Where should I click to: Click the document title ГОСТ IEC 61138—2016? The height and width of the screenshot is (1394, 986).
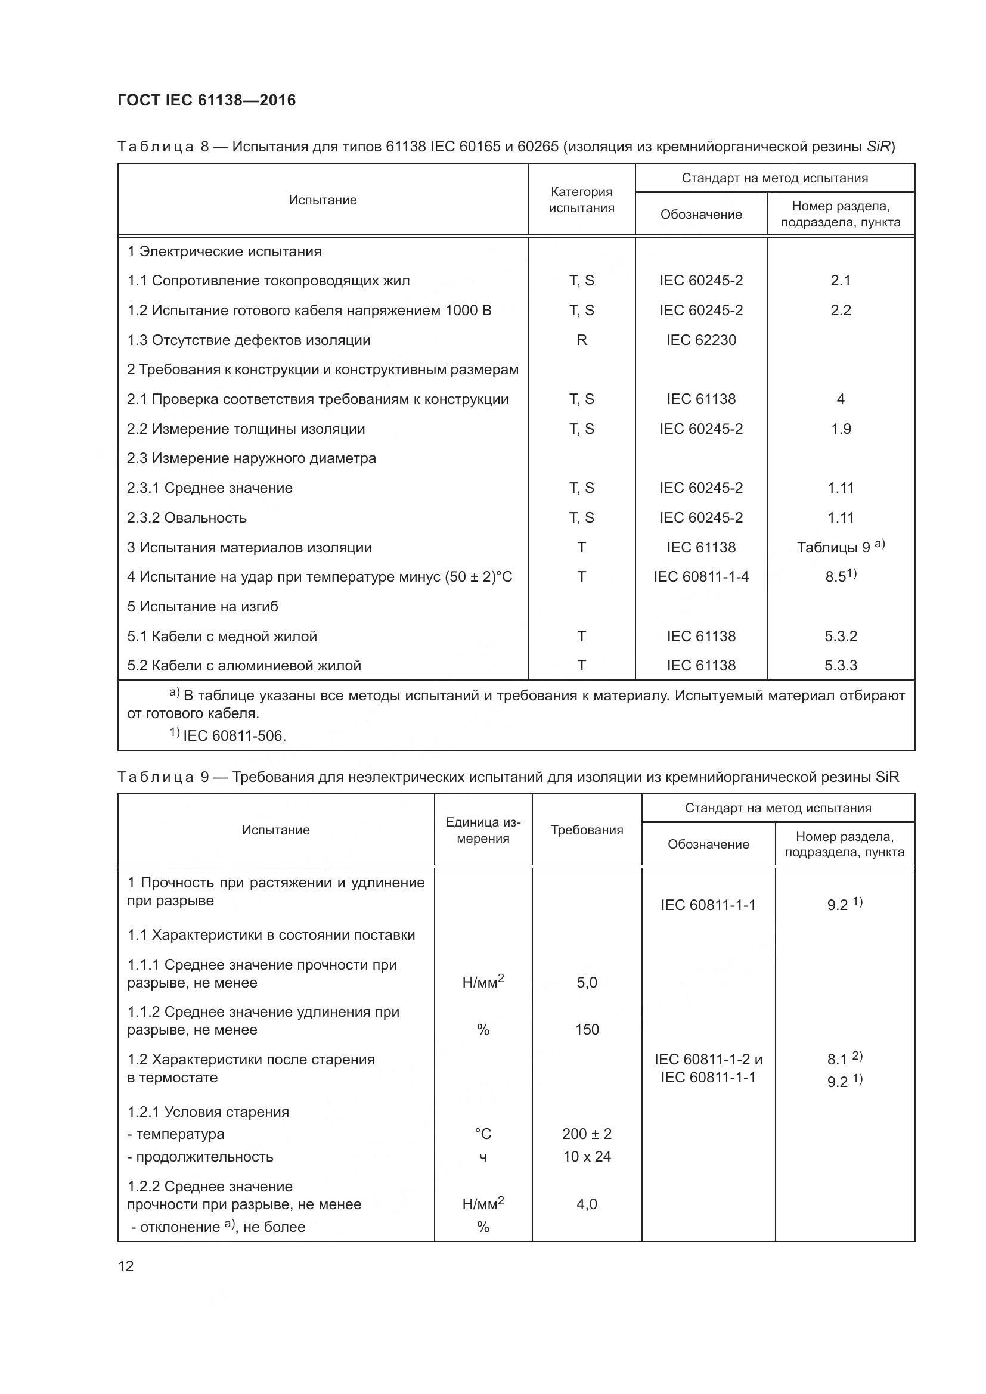pos(206,100)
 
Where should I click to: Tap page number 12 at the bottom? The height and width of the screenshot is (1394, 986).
pos(126,1266)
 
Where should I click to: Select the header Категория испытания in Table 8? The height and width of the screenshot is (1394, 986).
pos(581,200)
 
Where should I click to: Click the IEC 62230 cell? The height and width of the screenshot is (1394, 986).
pos(700,340)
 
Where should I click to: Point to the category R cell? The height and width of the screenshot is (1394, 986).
pos(581,340)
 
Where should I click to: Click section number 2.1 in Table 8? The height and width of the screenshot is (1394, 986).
pos(841,281)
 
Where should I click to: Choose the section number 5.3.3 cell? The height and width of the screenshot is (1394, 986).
pos(841,666)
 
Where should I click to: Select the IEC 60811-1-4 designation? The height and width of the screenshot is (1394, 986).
pos(700,577)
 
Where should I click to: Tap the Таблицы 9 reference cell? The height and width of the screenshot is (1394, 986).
pos(841,547)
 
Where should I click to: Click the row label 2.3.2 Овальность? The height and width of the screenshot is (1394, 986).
pos(187,518)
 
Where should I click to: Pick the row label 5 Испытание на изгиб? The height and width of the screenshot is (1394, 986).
pos(202,607)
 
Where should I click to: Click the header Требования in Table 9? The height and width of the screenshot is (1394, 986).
pos(587,830)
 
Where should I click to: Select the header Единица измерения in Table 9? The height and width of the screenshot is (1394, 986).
pos(483,830)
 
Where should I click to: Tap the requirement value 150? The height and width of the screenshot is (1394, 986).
pos(587,1030)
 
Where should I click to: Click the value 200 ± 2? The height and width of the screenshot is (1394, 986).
pos(587,1134)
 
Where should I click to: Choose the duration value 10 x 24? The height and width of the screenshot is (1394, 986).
pos(587,1157)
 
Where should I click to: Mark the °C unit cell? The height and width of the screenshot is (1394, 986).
pos(483,1134)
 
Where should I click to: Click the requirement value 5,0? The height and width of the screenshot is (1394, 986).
pos(587,982)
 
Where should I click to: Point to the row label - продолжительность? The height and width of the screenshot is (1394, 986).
pos(200,1157)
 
